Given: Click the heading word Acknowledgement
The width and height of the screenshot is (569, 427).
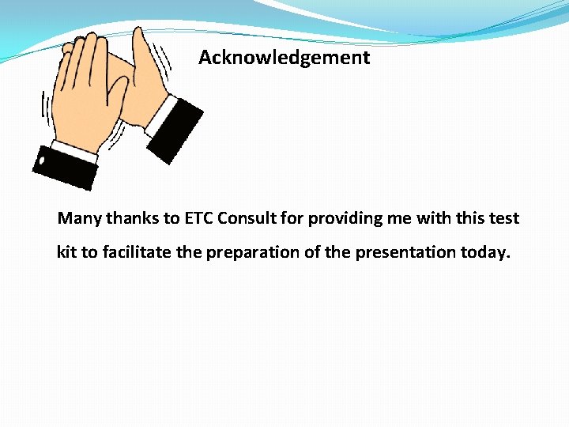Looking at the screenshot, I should click(284, 58).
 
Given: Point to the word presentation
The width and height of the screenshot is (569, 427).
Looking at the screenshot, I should click(405, 253).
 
